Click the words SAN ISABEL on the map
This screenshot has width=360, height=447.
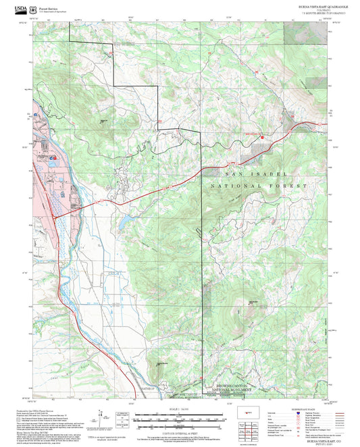(x=260, y=174)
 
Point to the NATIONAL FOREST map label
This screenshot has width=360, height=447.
(x=254, y=184)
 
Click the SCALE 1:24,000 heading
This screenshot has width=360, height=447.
(x=179, y=409)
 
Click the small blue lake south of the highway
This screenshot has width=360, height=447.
(x=126, y=220)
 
